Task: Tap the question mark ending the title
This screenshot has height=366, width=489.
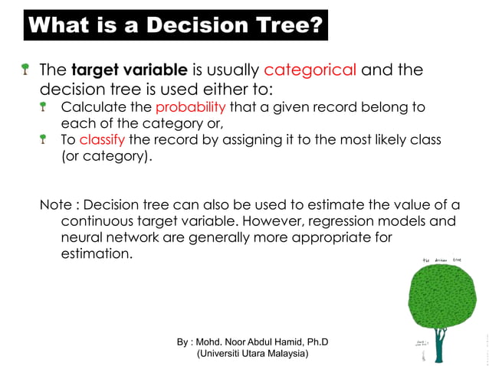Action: tap(315, 26)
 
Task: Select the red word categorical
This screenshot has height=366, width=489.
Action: tap(310, 70)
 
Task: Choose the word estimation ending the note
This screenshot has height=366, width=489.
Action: tap(96, 253)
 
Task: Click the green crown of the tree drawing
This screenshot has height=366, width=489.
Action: tap(442, 298)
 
